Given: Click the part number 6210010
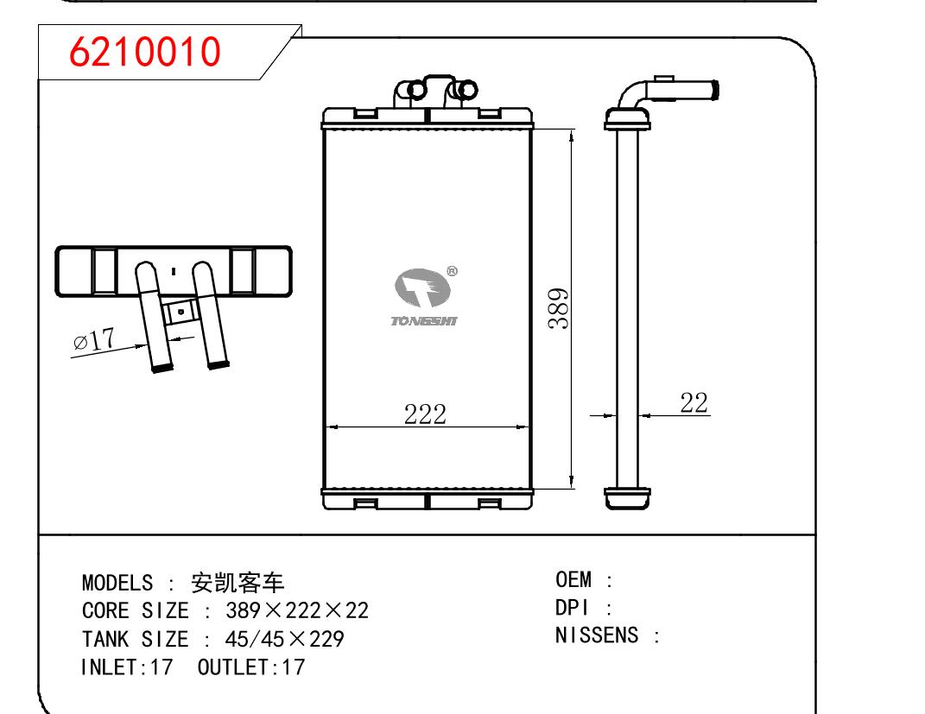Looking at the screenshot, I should (145, 53).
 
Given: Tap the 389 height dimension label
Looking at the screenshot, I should (560, 308).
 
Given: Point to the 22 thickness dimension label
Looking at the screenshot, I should (694, 402).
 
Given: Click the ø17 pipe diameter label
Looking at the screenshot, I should (95, 340).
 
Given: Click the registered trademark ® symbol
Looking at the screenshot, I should (452, 271).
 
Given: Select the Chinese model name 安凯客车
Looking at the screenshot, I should (237, 582).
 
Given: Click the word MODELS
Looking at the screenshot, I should (117, 582).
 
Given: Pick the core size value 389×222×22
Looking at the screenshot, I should (297, 610).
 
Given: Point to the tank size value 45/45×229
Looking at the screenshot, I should (284, 639).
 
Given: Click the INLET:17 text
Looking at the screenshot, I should (127, 667).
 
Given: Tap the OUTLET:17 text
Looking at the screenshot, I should (251, 667).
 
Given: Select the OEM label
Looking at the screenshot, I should (573, 578).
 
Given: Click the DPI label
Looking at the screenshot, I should (571, 608).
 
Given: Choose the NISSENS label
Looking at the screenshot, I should (597, 636).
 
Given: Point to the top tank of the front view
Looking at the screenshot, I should (426, 117).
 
